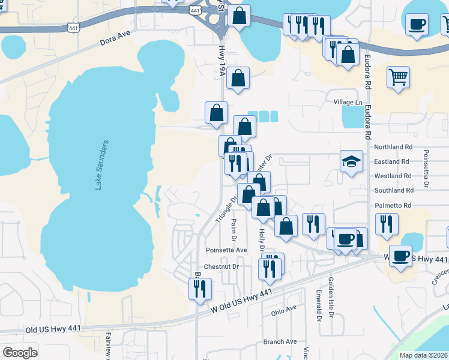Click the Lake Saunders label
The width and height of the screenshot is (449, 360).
click(102, 165)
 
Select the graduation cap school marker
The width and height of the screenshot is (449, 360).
click(351, 161)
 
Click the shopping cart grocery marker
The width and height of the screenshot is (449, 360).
click(398, 77)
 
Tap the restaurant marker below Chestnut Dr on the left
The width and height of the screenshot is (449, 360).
click(200, 289)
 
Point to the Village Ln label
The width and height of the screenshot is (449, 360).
click(348, 103)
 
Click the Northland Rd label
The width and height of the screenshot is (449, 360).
click(393, 147)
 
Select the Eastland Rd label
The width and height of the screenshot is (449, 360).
click(392, 161)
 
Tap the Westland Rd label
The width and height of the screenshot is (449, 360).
click(393, 176)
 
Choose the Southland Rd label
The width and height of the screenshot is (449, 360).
click(393, 190)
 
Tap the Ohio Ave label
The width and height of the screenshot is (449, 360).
click(284, 310)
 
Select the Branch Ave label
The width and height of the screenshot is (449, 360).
click(280, 342)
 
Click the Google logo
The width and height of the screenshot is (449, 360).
click(20, 353)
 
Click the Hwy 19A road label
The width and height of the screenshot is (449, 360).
click(221, 63)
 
